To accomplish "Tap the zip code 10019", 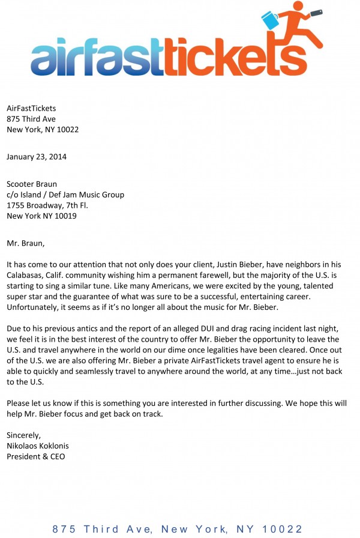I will tap(65, 216).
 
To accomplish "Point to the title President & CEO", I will tap(35, 456).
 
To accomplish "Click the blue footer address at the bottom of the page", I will tap(178, 528).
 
